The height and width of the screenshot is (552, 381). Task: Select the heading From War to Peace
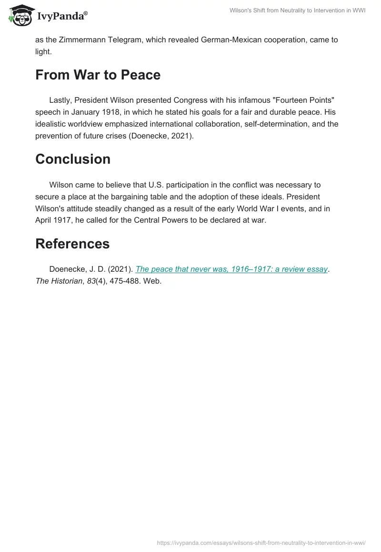click(98, 75)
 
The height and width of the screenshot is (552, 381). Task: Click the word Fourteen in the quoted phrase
click(265, 100)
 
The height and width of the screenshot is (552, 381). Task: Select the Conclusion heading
click(73, 159)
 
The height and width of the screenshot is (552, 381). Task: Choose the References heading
click(72, 243)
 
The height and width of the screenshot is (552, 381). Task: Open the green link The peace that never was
click(231, 269)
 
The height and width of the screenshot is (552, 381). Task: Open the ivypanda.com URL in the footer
click(261, 542)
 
